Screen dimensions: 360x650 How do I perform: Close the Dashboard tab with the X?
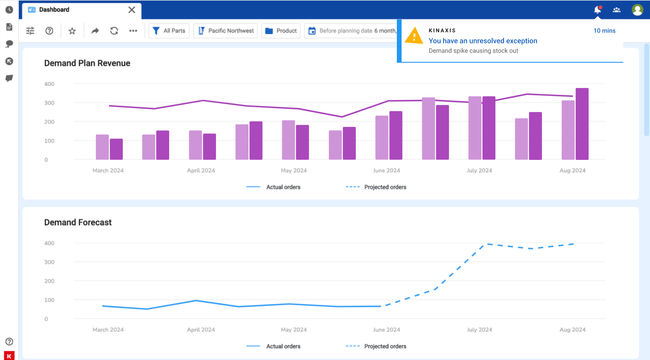point(131,10)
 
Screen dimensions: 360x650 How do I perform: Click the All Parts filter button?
point(169,31)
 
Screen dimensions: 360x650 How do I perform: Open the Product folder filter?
point(281,31)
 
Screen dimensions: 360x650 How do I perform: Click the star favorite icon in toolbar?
point(72,31)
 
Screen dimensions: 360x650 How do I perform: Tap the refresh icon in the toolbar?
point(114,31)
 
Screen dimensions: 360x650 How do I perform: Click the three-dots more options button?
point(133,31)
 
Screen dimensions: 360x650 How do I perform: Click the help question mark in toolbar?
point(49,31)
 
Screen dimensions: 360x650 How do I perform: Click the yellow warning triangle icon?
point(413,37)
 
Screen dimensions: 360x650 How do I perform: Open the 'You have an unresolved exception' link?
point(482,41)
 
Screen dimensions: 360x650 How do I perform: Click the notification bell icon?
point(598,10)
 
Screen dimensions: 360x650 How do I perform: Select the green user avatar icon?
point(637,10)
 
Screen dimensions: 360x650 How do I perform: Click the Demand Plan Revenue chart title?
point(87,63)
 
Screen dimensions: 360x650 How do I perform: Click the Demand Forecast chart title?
point(78,222)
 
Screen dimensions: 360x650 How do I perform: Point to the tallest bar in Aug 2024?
point(582,124)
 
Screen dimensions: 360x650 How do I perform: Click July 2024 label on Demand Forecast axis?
point(479,329)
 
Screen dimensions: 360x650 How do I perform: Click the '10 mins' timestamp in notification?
point(604,31)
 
